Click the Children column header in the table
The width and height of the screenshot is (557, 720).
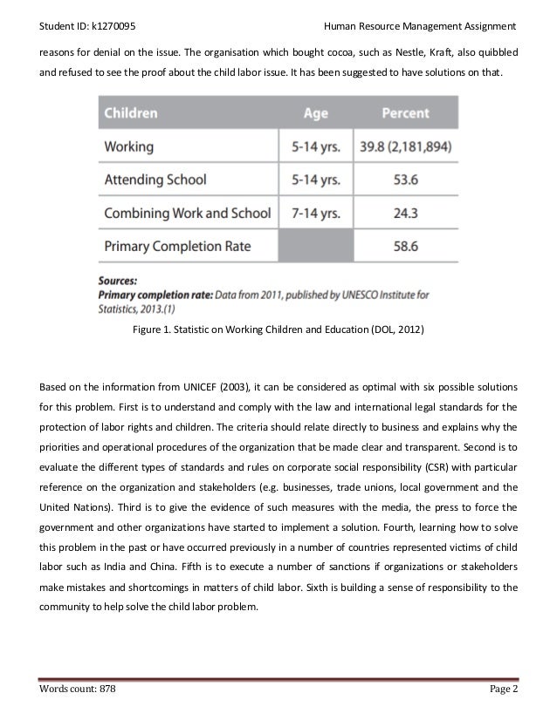pos(132,112)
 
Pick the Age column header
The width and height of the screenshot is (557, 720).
pos(315,112)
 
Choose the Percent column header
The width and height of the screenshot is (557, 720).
pos(406,112)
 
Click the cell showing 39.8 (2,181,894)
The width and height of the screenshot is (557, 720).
pos(406,146)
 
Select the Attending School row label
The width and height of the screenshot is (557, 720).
pos(155,180)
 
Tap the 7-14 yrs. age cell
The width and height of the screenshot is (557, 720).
pos(315,213)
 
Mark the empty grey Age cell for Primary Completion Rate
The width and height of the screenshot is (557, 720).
pos(315,247)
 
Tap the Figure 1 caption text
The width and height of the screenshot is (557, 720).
pos(278,331)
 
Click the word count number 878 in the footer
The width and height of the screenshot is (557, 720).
pos(105,689)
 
